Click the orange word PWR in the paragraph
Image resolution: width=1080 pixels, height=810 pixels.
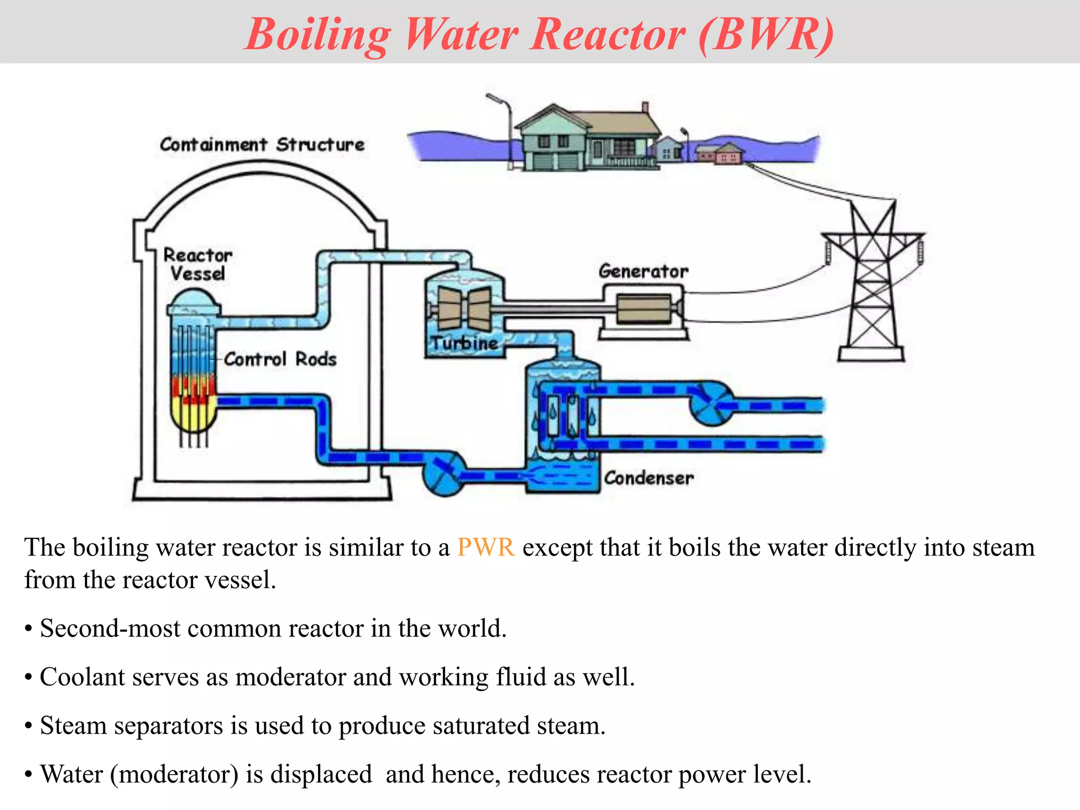pos(485,547)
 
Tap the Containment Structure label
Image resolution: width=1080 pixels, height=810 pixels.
pos(262,144)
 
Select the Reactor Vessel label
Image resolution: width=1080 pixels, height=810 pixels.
pos(197,264)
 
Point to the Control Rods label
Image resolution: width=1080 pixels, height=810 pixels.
pos(280,359)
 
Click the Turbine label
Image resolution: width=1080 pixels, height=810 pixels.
pos(464,343)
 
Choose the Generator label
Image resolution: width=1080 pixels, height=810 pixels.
pos(643,271)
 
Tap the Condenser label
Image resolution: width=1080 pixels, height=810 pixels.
pos(649,478)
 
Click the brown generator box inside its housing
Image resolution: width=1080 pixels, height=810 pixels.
pos(643,309)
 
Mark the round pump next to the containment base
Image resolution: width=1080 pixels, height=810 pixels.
pos(444,473)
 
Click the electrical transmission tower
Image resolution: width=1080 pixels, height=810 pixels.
pos(873,285)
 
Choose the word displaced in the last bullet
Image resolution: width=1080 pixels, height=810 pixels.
pos(321,774)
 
